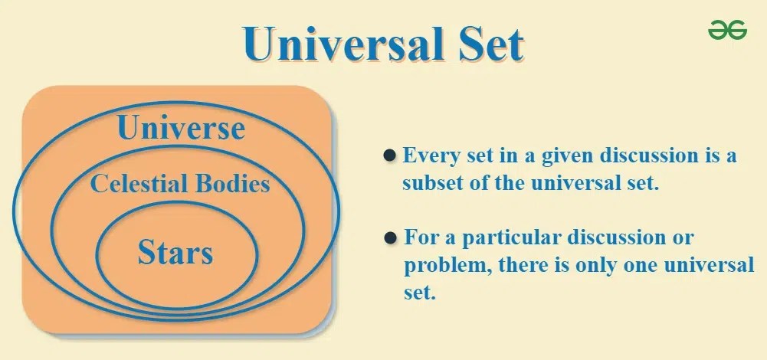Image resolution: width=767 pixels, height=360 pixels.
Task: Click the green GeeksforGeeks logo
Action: [727, 30]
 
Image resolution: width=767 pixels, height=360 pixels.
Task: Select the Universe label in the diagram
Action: [181, 128]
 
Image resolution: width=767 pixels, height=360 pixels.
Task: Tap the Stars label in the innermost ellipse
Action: [175, 252]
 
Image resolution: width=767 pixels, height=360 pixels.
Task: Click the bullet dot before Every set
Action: [389, 155]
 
